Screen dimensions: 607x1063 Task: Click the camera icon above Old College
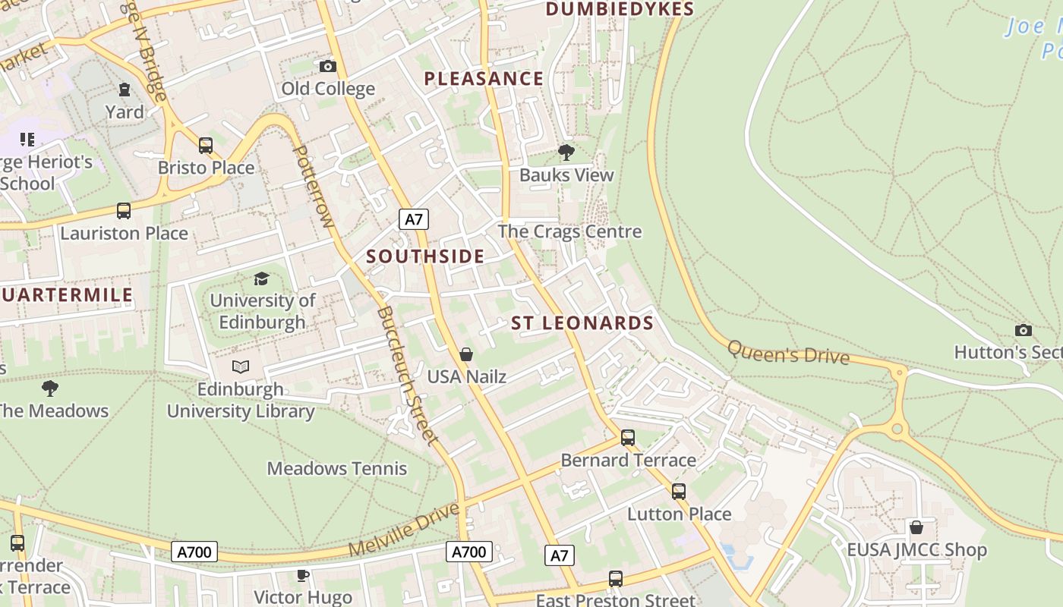tap(328, 67)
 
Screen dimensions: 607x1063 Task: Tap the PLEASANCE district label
tap(484, 79)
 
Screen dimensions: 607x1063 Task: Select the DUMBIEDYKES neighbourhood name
tap(620, 9)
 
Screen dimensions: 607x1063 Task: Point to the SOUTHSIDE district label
tap(425, 256)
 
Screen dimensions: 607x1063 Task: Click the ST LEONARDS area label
tap(582, 323)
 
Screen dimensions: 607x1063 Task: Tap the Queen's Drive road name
tap(787, 353)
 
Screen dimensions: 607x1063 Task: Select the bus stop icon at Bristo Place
tap(206, 145)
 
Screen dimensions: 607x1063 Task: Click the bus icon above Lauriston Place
tap(124, 211)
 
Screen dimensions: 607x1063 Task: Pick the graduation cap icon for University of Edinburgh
tap(262, 278)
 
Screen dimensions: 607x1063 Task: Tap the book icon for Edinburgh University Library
tap(241, 367)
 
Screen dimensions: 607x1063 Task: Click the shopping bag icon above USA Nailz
tap(466, 354)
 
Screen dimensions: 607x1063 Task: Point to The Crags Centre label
tap(569, 232)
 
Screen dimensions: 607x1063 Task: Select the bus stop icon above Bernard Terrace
tap(628, 438)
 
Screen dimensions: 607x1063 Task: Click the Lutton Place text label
tap(679, 514)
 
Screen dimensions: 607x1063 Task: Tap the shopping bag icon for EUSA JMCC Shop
tap(916, 527)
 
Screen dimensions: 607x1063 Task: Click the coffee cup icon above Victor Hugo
tap(302, 576)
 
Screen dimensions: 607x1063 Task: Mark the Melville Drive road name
tap(405, 528)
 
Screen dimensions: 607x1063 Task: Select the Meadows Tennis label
tap(336, 469)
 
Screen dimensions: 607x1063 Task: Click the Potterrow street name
tap(313, 187)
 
